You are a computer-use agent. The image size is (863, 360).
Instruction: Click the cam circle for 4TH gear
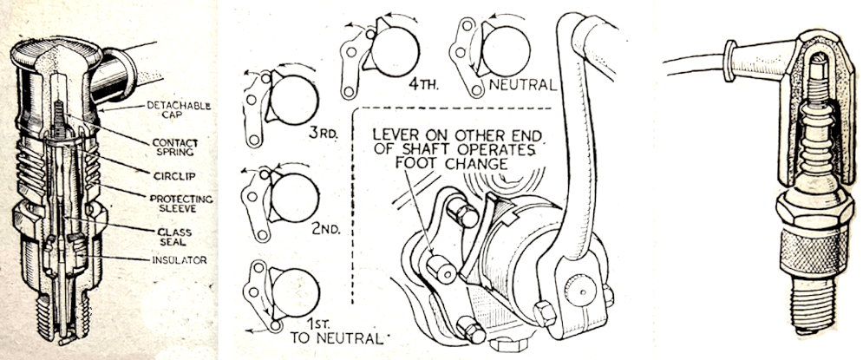[394, 50]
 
